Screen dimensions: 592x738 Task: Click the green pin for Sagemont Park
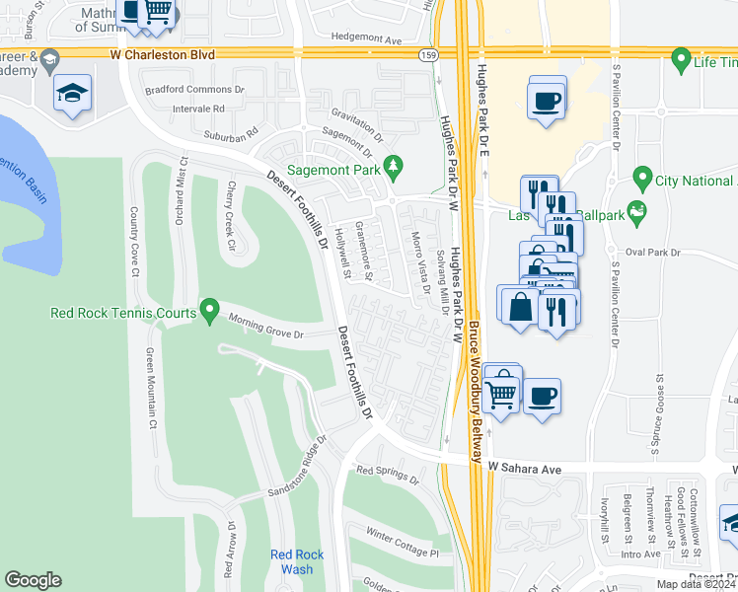pos(394,164)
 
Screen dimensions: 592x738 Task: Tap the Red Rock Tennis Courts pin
pos(208,311)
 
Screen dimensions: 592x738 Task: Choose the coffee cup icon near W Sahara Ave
pos(542,396)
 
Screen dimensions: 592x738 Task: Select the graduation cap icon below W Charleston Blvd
pos(72,93)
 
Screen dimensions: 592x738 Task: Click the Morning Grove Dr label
pos(266,327)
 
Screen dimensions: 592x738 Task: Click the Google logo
pos(33,580)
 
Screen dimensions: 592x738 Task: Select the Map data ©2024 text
pos(694,584)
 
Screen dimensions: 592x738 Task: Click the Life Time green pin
pos(680,61)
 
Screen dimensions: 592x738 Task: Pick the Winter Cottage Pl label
pos(401,544)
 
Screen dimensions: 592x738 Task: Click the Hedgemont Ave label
pos(367,40)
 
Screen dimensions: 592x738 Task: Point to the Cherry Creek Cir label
pos(232,215)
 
